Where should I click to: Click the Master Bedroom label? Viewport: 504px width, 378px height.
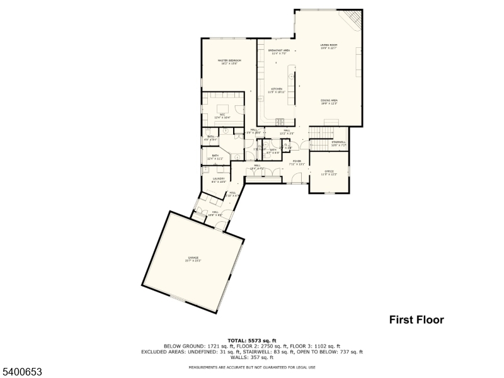coord(229,62)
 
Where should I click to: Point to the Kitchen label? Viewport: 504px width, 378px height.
coord(278,91)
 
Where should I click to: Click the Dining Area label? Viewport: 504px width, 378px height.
coord(329,102)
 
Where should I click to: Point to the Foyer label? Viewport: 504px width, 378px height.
coord(297,163)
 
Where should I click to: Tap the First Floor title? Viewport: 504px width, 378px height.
coord(415,320)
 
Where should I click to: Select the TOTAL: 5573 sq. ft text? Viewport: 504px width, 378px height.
coord(251,340)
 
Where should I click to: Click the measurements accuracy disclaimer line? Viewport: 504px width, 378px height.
coord(251,367)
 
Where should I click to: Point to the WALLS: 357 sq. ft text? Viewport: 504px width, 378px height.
coord(251,357)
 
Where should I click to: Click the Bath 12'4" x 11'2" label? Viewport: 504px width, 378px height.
coord(215,156)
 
